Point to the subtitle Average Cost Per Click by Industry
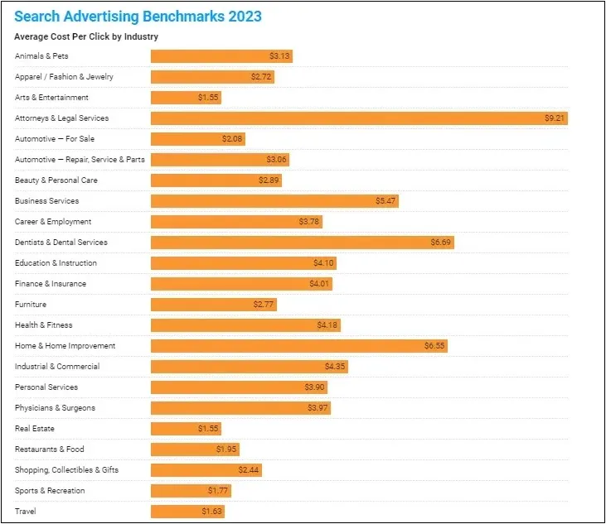(x=86, y=36)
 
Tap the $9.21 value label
(x=555, y=118)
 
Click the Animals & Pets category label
(x=41, y=56)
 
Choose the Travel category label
(x=25, y=512)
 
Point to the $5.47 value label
(x=386, y=201)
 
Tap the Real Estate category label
(x=35, y=429)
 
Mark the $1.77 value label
(x=218, y=491)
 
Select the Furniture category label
(x=31, y=305)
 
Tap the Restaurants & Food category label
(x=50, y=449)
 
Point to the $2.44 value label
(x=249, y=470)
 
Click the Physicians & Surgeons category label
(x=55, y=408)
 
